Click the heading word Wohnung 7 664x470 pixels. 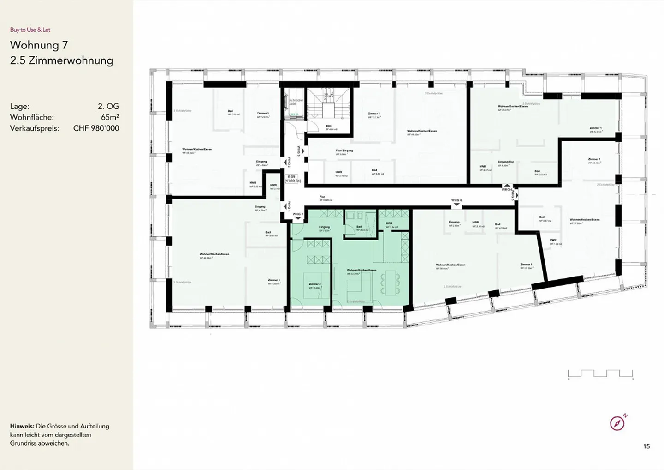click(39, 45)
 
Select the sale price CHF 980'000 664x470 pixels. click(96, 128)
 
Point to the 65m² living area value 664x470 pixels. click(110, 117)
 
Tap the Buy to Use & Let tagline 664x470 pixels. click(30, 30)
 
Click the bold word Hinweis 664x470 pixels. click(22, 426)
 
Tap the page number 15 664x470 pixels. click(646, 446)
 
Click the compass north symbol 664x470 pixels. click(617, 423)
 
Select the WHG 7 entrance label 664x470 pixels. click(298, 214)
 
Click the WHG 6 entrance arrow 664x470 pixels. click(456, 205)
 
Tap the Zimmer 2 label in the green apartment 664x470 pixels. click(314, 284)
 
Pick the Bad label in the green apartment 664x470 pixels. click(359, 227)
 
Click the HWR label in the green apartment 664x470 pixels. click(389, 223)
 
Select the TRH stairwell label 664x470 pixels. click(329, 126)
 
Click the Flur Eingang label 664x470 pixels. click(344, 151)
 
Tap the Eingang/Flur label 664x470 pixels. click(505, 162)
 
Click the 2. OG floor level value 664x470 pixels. click(108, 106)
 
